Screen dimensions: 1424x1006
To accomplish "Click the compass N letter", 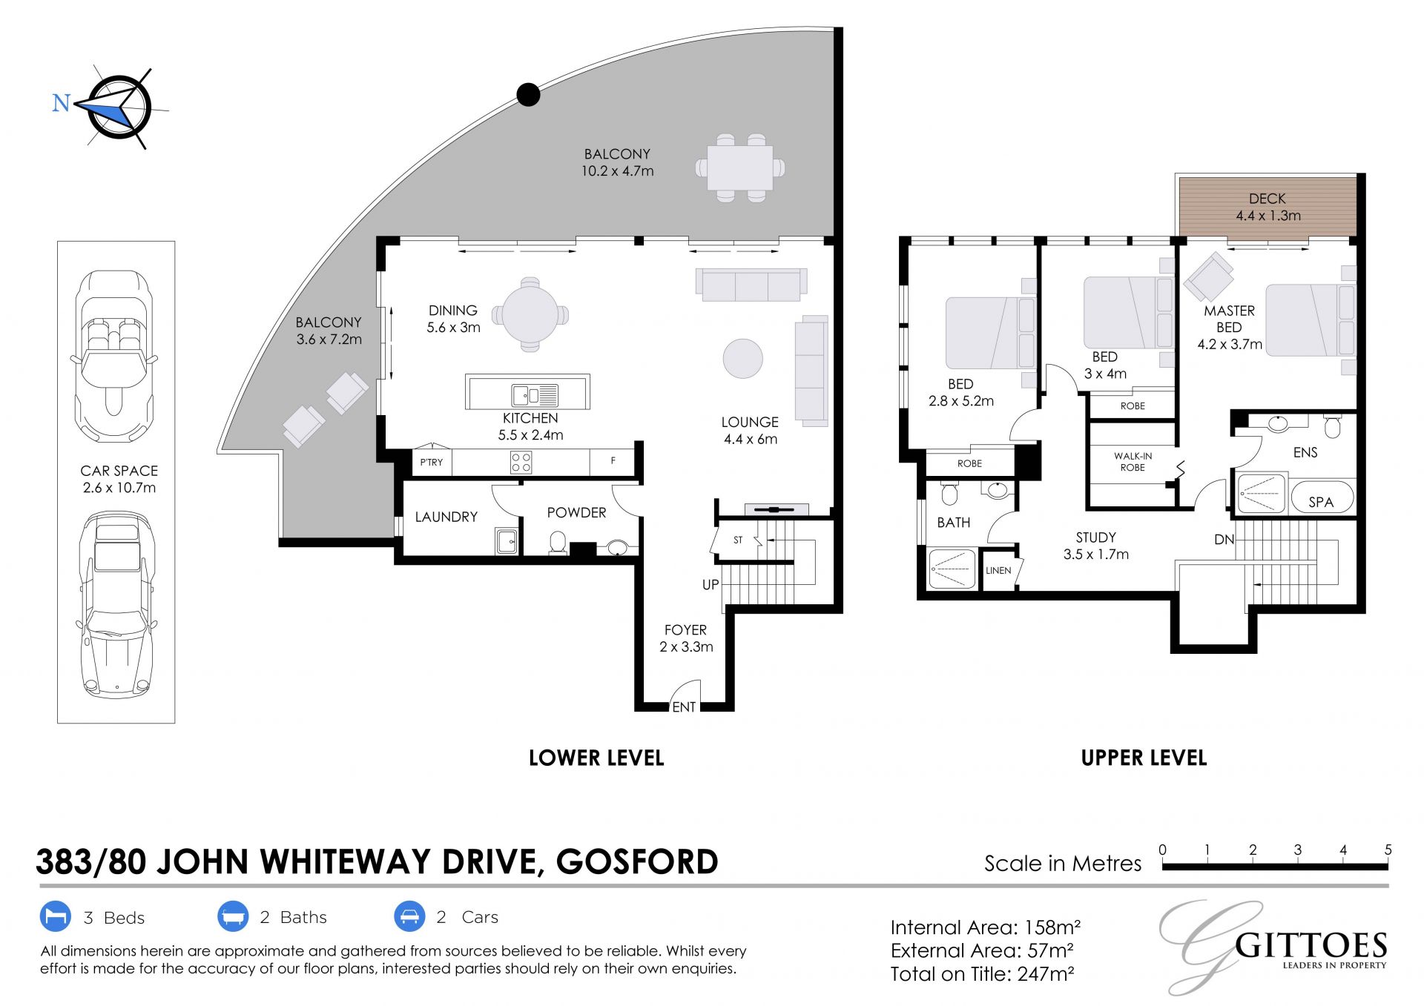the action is pos(61,102).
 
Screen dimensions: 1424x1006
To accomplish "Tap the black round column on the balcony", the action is pos(528,94).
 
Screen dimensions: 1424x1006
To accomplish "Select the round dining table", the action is pos(530,314).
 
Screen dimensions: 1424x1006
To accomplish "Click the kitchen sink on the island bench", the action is pos(534,395).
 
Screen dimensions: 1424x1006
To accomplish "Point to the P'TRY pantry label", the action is pos(432,462).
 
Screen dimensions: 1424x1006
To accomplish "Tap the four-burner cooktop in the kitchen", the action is pos(521,463).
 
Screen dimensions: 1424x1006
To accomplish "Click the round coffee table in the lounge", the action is pos(742,359).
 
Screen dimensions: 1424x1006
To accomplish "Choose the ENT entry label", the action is pos(684,707).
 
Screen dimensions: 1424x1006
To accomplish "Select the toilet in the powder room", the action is pos(558,543).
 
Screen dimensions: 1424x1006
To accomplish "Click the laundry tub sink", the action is pos(507,541).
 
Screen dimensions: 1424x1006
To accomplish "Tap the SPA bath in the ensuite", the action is pos(1322,497).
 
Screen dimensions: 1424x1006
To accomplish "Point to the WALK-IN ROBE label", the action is pos(1133,462).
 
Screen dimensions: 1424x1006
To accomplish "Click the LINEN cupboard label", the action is pos(998,570).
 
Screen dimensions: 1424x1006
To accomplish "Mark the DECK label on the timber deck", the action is pos(1268,199).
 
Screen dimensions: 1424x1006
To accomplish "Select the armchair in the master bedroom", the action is pos(1209,277).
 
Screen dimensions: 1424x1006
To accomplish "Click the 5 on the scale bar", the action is pos(1388,850).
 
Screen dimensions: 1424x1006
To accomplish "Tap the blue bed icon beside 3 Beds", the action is pos(55,917).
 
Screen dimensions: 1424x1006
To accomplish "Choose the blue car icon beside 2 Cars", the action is pos(409,917).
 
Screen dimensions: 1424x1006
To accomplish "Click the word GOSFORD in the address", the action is pos(637,861).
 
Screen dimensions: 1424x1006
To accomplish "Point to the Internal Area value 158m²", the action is pos(1052,927).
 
